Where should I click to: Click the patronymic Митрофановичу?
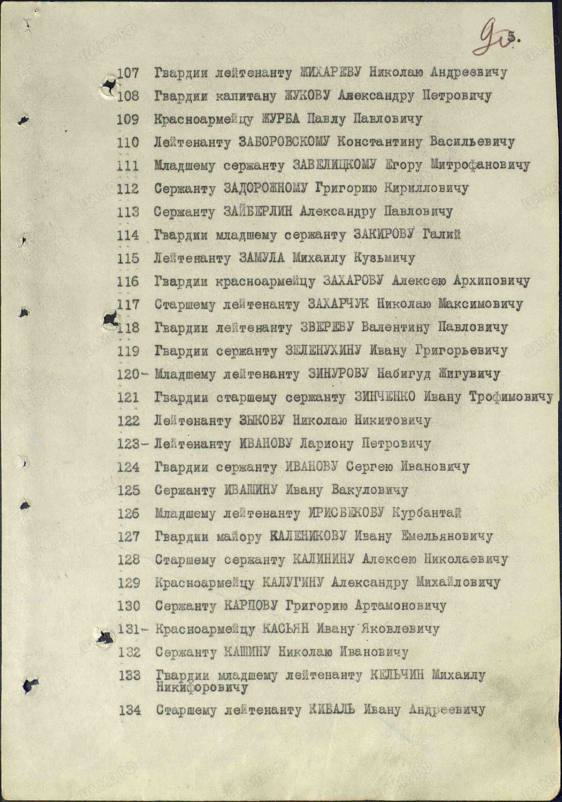480,165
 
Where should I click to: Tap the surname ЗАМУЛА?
262,258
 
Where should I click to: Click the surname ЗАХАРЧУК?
338,304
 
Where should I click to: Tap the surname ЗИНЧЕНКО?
385,397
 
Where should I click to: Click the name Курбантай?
426,513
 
